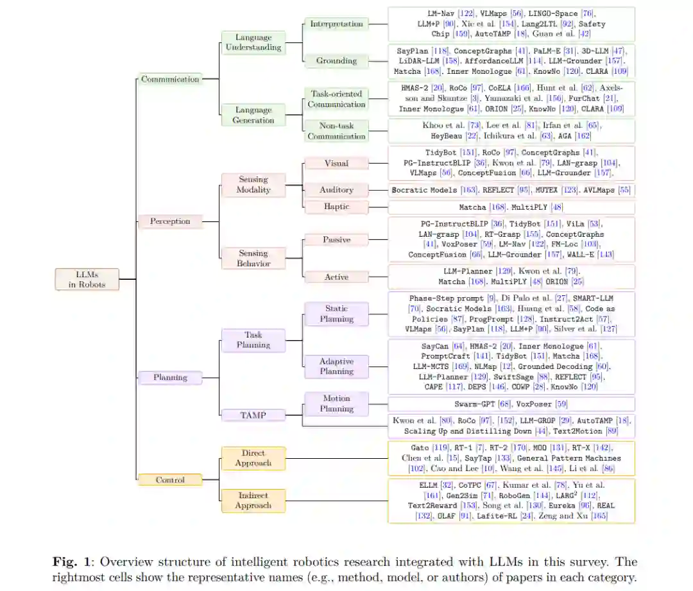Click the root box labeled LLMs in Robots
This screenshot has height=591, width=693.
(87, 279)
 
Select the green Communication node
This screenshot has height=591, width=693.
(170, 79)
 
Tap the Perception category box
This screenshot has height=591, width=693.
(170, 221)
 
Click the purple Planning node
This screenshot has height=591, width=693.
(170, 377)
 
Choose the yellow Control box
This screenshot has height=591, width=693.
(170, 479)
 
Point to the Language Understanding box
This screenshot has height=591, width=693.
(253, 42)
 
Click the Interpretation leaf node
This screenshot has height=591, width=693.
(336, 24)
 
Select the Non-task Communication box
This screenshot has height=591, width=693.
(336, 131)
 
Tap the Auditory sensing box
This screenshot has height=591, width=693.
(336, 190)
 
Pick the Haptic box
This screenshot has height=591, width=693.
(336, 207)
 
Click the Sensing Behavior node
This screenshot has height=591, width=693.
(253, 259)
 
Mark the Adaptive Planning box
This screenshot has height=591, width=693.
(336, 366)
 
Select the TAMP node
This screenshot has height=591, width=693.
(253, 415)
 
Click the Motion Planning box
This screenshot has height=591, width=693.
(336, 403)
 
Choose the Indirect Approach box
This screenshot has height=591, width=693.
(253, 501)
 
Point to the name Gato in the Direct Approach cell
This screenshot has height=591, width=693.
(420, 447)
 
